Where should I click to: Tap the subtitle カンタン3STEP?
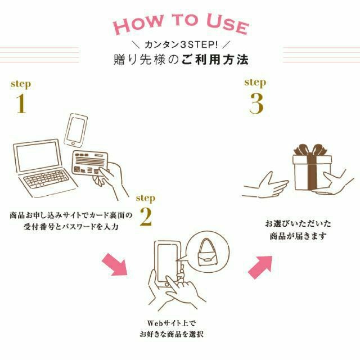click(179, 44)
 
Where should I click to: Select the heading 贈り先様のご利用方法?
click(179, 58)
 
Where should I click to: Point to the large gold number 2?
click(145, 217)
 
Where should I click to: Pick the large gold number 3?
click(256, 103)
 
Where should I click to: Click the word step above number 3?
click(255, 82)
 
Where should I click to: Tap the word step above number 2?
click(146, 198)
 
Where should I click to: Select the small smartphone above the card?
click(77, 130)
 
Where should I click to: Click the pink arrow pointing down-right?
click(115, 264)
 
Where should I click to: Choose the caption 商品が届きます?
click(297, 236)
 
